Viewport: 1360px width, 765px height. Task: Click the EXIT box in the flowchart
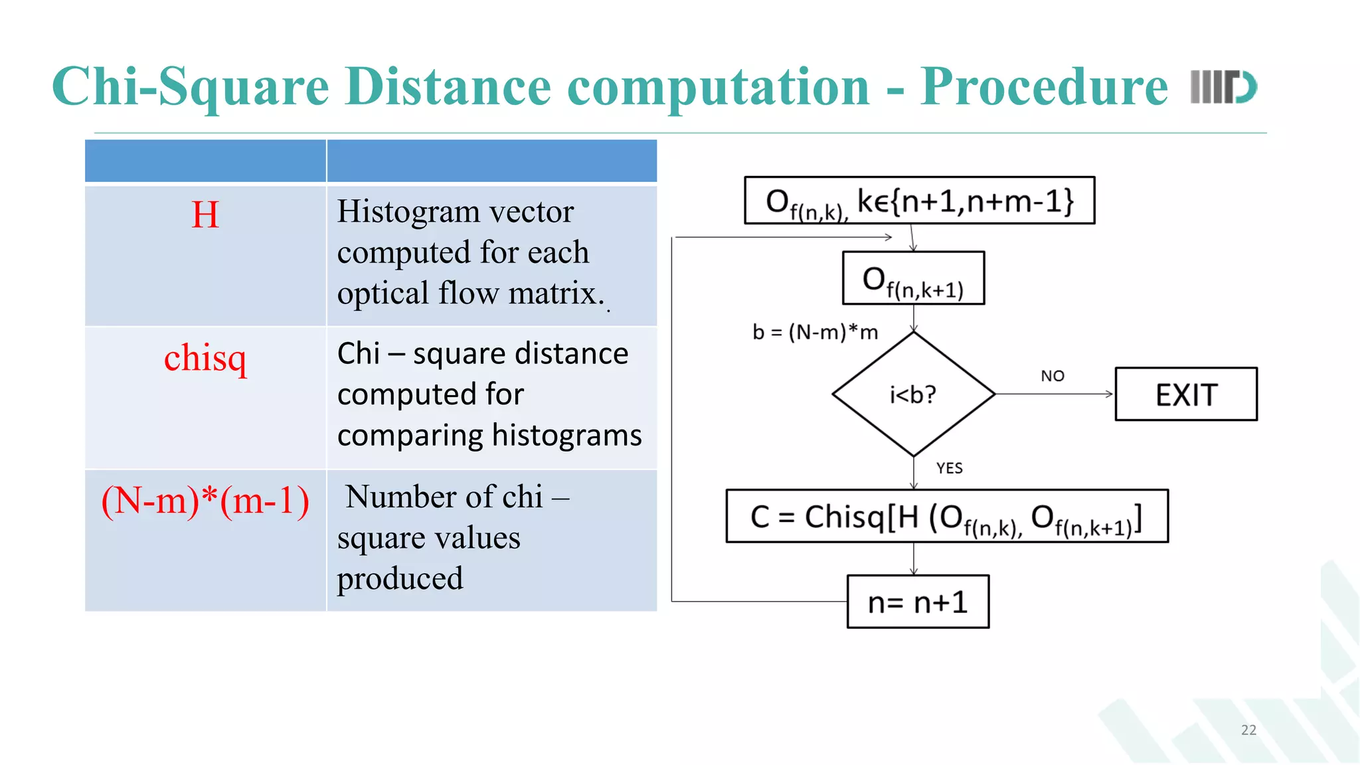1186,394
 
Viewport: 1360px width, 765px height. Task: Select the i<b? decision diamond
913,394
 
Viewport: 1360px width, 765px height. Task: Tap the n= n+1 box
918,602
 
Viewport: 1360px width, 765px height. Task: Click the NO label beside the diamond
1053,376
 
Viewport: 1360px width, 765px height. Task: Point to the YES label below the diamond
950,468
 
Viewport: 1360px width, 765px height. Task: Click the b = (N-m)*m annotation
815,331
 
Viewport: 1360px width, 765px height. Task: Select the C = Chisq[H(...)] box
947,516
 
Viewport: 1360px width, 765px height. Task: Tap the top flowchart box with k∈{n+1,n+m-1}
919,200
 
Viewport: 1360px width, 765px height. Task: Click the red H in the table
205,214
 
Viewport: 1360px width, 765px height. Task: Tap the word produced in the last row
400,578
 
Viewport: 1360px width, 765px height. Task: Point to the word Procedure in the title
1044,86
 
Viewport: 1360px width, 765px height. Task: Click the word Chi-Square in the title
190,86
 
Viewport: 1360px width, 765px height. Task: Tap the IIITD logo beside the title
1223,87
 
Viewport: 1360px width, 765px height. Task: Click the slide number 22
1248,730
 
